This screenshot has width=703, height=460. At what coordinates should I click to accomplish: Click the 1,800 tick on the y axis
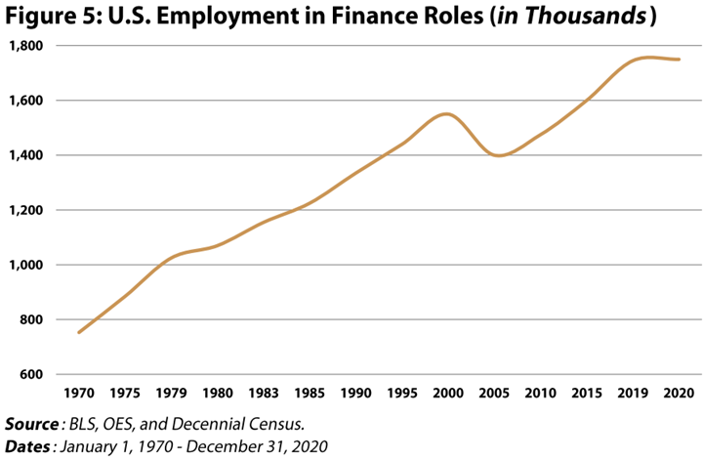coord(26,46)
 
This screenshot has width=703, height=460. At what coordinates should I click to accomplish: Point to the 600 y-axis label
coord(31,374)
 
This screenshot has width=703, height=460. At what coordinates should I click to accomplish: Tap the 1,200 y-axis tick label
coord(26,210)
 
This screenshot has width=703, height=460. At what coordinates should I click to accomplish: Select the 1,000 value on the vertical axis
coord(26,265)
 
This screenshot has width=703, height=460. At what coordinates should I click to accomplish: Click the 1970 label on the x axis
coord(79,394)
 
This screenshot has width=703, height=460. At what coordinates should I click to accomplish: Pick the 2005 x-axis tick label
coord(494,394)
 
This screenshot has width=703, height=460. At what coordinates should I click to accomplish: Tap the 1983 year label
coord(264,394)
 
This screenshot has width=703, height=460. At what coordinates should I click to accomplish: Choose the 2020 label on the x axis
coord(679,394)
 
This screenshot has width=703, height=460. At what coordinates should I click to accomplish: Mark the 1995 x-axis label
coord(402,394)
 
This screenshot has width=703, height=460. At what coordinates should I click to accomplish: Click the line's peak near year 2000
coord(446,114)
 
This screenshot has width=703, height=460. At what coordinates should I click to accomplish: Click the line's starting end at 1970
coord(79,332)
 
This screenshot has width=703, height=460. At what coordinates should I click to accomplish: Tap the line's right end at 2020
coord(680,60)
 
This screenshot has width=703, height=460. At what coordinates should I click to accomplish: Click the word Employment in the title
coord(227,17)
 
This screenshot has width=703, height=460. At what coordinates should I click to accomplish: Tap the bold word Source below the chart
coord(31,424)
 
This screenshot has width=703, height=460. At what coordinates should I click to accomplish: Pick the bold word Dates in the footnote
coord(27,446)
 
